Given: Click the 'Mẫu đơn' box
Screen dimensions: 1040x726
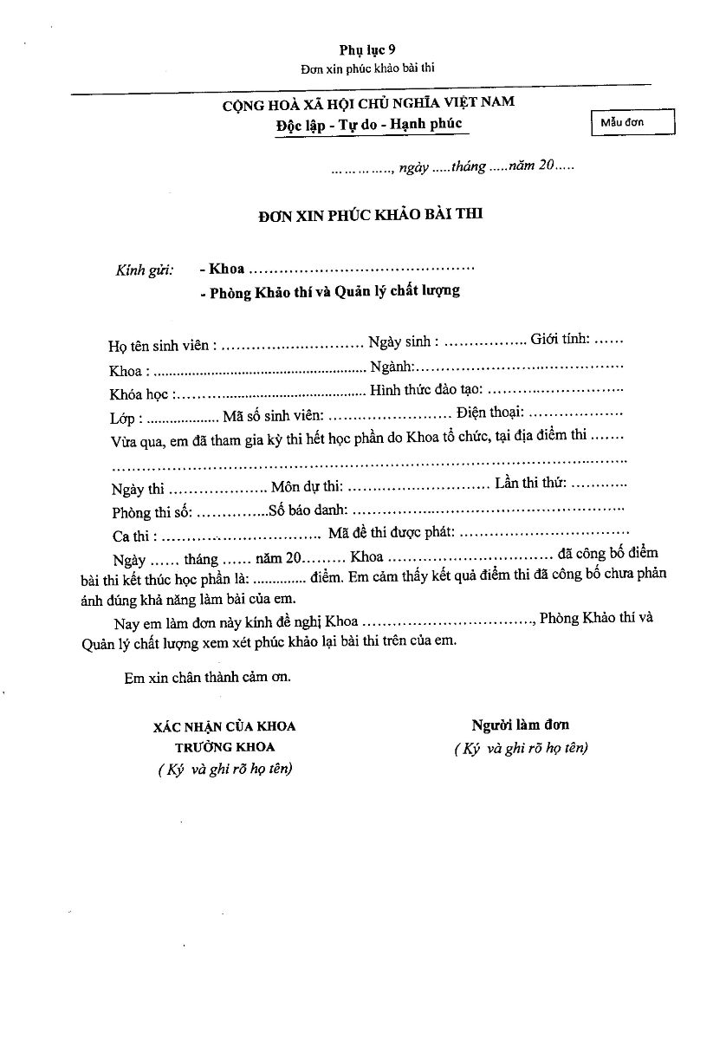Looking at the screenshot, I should tap(630, 123).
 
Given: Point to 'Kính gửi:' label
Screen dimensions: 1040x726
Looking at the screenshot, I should tap(145, 270).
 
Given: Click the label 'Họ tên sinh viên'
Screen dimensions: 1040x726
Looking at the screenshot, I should tap(158, 345).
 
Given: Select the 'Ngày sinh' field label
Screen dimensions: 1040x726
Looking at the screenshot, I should tap(403, 341).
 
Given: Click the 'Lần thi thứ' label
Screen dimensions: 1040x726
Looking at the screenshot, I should tap(530, 483).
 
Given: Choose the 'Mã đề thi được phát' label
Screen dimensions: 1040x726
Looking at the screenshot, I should tap(390, 533).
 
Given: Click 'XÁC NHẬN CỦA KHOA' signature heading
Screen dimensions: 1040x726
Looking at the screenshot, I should tap(224, 726).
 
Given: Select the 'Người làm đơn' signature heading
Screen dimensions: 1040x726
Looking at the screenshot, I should tap(520, 724).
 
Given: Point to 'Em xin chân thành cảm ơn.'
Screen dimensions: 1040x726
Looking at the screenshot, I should tap(208, 678).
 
